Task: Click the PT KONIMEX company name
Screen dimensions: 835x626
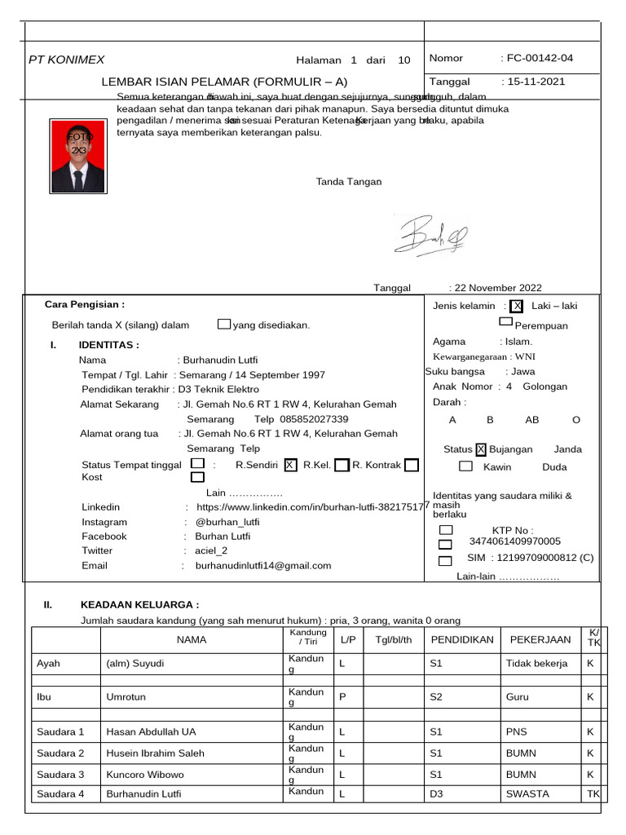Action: pos(67,60)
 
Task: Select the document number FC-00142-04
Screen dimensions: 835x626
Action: pos(540,58)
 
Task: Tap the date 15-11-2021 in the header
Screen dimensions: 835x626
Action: pos(536,82)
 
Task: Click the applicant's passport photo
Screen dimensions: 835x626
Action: pos(78,156)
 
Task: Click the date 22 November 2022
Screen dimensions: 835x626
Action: pos(497,288)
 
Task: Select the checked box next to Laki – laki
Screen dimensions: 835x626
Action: pos(516,307)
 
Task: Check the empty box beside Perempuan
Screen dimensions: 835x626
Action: pos(506,322)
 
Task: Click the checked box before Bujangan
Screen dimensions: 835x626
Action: pos(481,449)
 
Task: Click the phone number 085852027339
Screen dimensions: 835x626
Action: pos(313,419)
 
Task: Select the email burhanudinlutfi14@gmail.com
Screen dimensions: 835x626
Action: pos(263,565)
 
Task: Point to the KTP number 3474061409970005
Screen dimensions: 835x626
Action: pos(515,541)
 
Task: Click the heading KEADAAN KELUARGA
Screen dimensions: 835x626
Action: pos(139,605)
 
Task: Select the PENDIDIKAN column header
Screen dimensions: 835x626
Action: pos(461,639)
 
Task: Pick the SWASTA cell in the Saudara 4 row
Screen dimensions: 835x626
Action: pos(527,793)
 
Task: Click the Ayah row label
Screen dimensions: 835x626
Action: pos(49,664)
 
